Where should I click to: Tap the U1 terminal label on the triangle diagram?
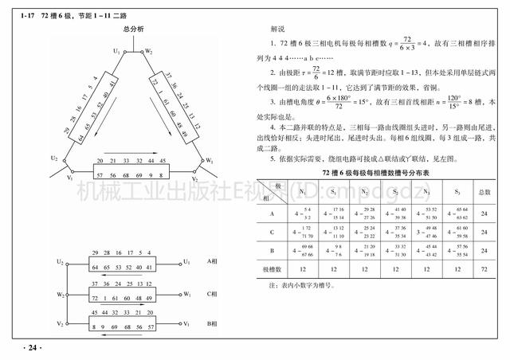pyautogui.click(x=116, y=51)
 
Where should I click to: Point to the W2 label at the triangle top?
pyautogui.click(x=149, y=51)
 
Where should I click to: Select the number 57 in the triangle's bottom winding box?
pyautogui.click(x=99, y=173)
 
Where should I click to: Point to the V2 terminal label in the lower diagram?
pyautogui.click(x=60, y=325)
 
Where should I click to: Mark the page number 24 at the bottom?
pyautogui.click(x=32, y=347)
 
